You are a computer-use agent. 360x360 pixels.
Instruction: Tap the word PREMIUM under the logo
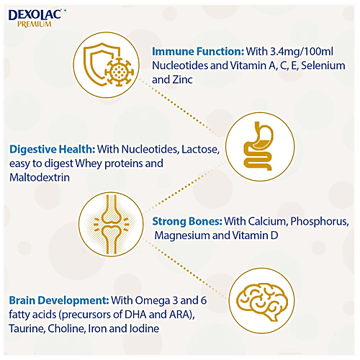32,23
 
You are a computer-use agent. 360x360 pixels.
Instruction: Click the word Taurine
27,328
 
